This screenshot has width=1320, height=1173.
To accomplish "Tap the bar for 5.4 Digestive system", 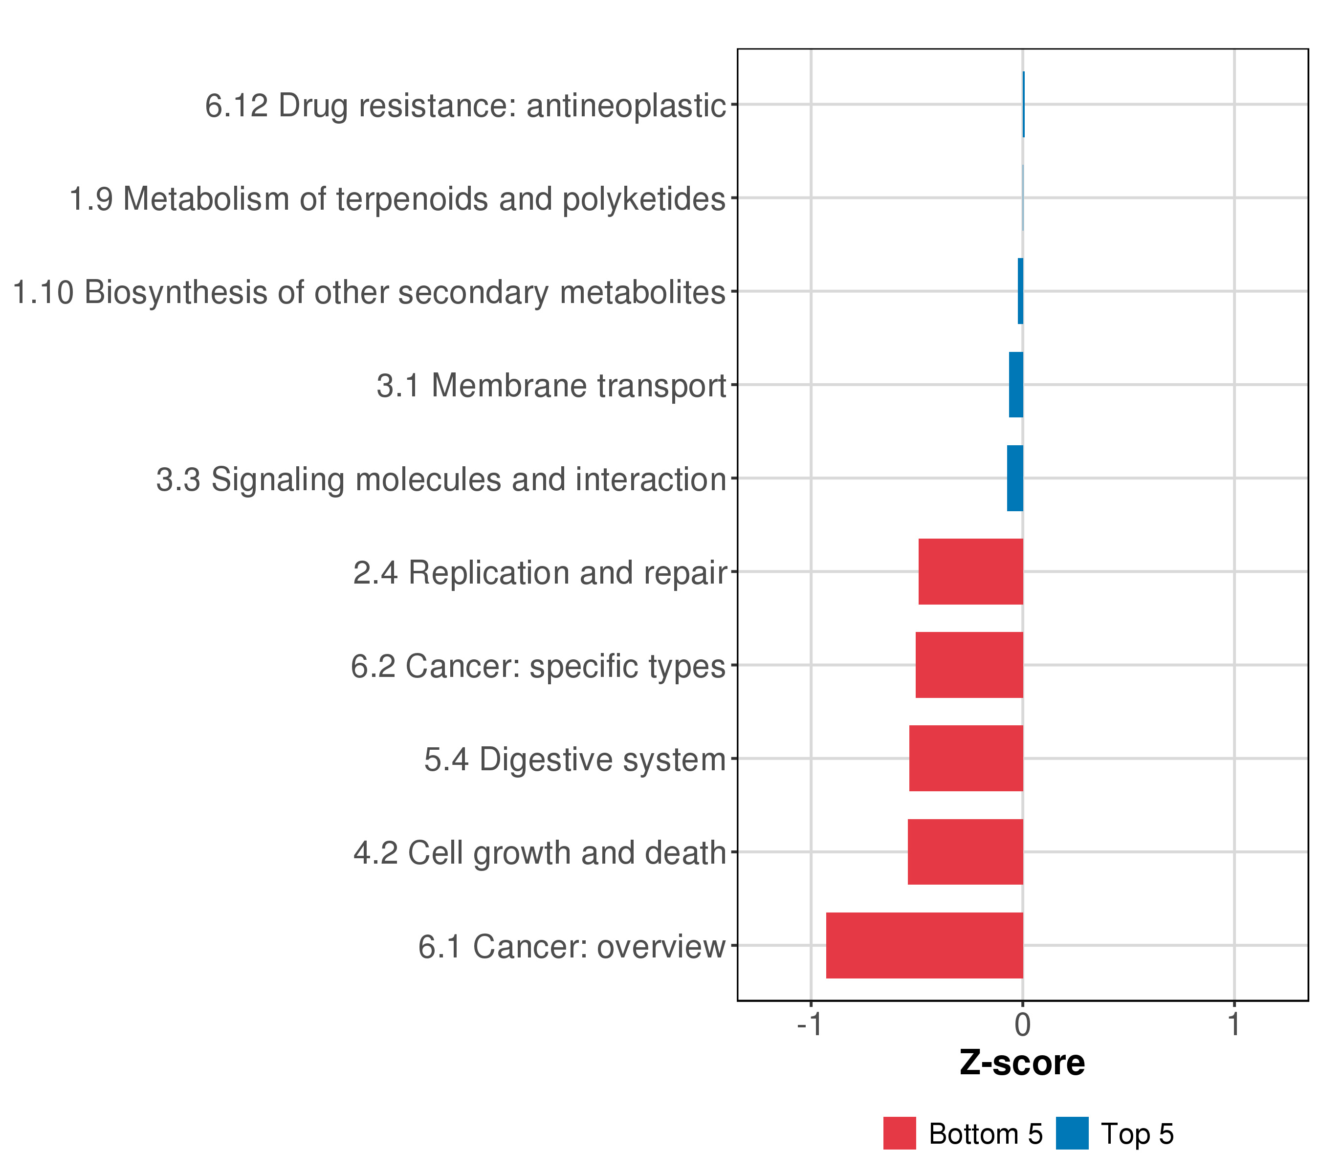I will pyautogui.click(x=966, y=758).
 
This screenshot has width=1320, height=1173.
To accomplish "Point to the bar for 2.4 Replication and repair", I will pyautogui.click(x=970, y=571).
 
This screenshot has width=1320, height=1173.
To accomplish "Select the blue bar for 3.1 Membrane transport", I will pyautogui.click(x=1016, y=385).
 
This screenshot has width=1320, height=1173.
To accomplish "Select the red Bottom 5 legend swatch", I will pyautogui.click(x=900, y=1133).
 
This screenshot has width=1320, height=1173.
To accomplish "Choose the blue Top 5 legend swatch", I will pyautogui.click(x=1072, y=1133).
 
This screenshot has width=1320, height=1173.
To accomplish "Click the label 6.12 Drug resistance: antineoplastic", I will pyautogui.click(x=465, y=105).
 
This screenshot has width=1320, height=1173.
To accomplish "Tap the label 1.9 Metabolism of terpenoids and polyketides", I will pyautogui.click(x=397, y=199).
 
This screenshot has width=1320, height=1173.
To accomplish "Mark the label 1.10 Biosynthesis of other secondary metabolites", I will pyautogui.click(x=369, y=292).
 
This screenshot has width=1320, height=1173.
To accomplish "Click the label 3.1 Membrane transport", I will pyautogui.click(x=551, y=386).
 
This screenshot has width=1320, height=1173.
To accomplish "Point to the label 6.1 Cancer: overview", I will pyautogui.click(x=572, y=946).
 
